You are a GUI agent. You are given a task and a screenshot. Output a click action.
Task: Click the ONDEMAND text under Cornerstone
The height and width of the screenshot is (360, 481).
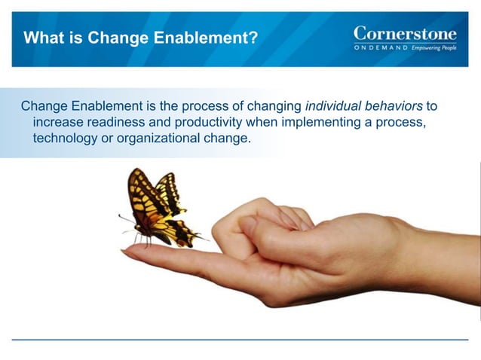tap(381, 47)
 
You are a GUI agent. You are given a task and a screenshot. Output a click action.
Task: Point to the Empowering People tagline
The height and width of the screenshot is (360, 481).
tap(434, 47)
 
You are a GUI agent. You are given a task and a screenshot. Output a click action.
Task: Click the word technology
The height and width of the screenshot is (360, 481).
tap(65, 139)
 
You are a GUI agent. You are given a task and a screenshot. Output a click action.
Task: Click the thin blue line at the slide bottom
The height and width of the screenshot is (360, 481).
tap(240, 340)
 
